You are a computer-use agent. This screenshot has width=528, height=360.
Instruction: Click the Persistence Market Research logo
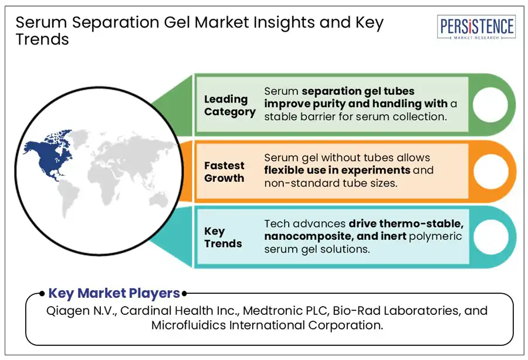click(476, 27)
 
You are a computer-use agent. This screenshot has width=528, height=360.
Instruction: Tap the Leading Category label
click(229, 106)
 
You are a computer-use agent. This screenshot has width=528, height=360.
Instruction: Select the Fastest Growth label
click(224, 172)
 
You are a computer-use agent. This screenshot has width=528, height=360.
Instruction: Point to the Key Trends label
click(223, 237)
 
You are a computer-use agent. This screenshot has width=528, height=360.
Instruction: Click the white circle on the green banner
click(487, 105)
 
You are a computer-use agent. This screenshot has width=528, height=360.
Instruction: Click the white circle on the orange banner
click(487, 171)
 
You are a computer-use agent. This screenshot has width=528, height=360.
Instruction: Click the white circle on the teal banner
click(487, 237)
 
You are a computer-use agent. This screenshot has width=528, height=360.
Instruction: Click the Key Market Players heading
click(114, 293)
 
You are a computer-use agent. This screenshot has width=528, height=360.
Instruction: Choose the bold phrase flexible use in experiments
click(337, 171)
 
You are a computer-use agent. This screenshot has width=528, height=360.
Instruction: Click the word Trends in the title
click(42, 39)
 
